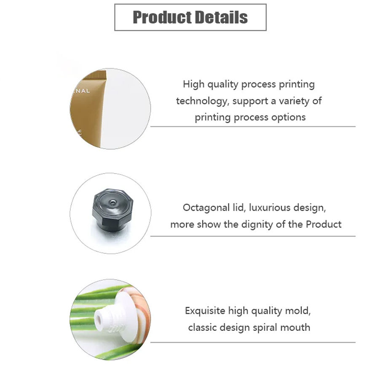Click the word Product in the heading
pyautogui.click(x=160, y=17)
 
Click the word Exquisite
pyautogui.click(x=205, y=311)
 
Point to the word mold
pyautogui.click(x=298, y=311)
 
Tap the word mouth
pyautogui.click(x=297, y=327)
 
